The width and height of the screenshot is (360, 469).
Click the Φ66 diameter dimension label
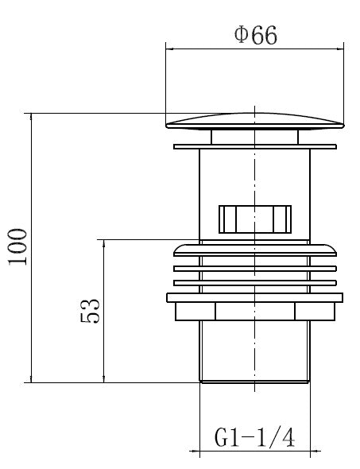[x=256, y=35]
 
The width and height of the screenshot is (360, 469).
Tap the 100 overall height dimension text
[x=17, y=246]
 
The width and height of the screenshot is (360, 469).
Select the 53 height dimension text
[x=90, y=311]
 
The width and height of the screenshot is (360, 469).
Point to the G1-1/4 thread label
[x=255, y=437]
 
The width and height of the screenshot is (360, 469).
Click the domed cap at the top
[x=255, y=121]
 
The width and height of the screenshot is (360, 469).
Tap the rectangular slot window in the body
[x=255, y=219]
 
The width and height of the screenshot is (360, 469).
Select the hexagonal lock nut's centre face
[x=255, y=312]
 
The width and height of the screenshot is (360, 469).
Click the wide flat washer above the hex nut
[x=255, y=297]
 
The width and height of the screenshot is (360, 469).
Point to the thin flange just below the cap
[x=255, y=146]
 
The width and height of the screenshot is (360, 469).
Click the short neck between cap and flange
[x=255, y=137]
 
